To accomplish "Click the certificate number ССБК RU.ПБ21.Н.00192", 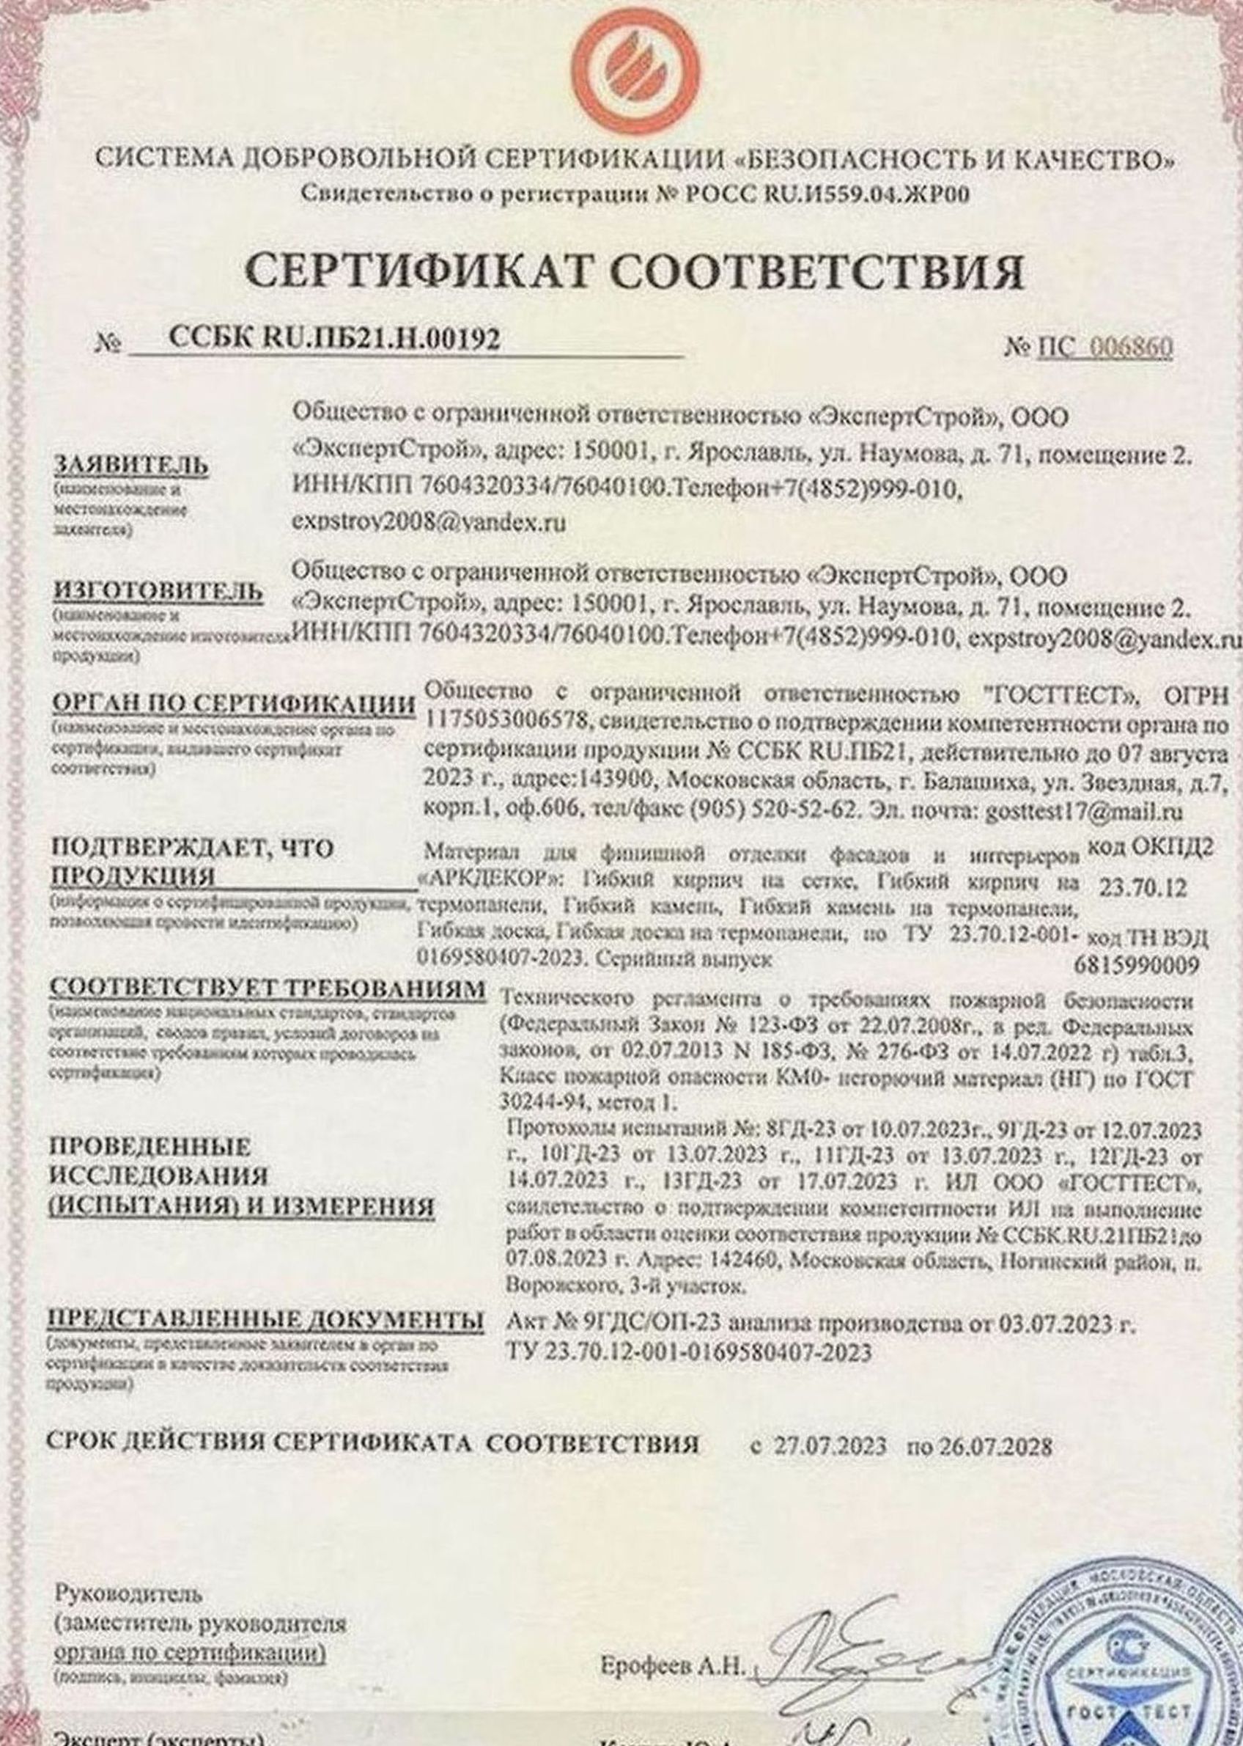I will pos(333,338).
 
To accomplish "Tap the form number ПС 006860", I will pos(1104,348).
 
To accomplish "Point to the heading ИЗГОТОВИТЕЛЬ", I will pos(158,592).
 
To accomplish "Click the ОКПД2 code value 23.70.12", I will pos(1143,887).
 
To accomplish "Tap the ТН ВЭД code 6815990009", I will pos(1137,966).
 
